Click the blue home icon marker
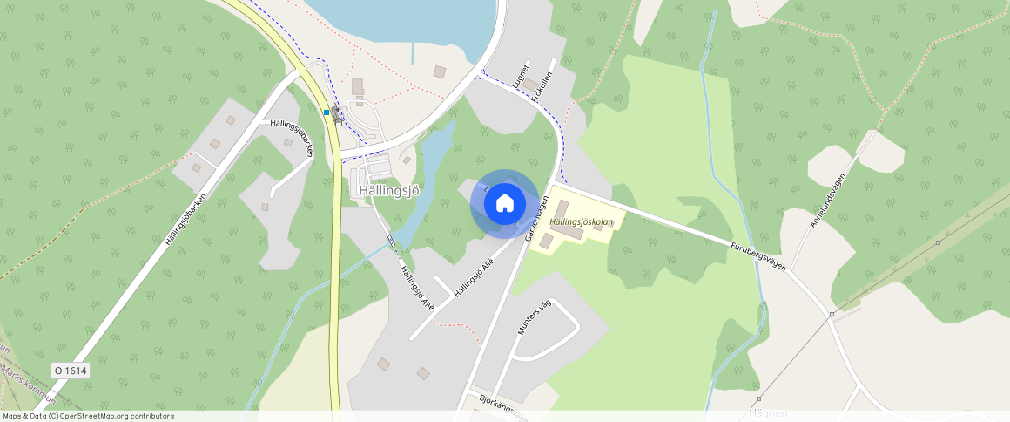504,204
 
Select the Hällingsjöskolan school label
582,222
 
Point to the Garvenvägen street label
537,217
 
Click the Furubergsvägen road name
757,256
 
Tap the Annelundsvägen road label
827,201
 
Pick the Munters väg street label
535,317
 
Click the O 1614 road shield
71,371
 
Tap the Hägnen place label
768,412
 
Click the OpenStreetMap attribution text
88,416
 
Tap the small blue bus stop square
327,112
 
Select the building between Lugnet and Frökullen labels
530,84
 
